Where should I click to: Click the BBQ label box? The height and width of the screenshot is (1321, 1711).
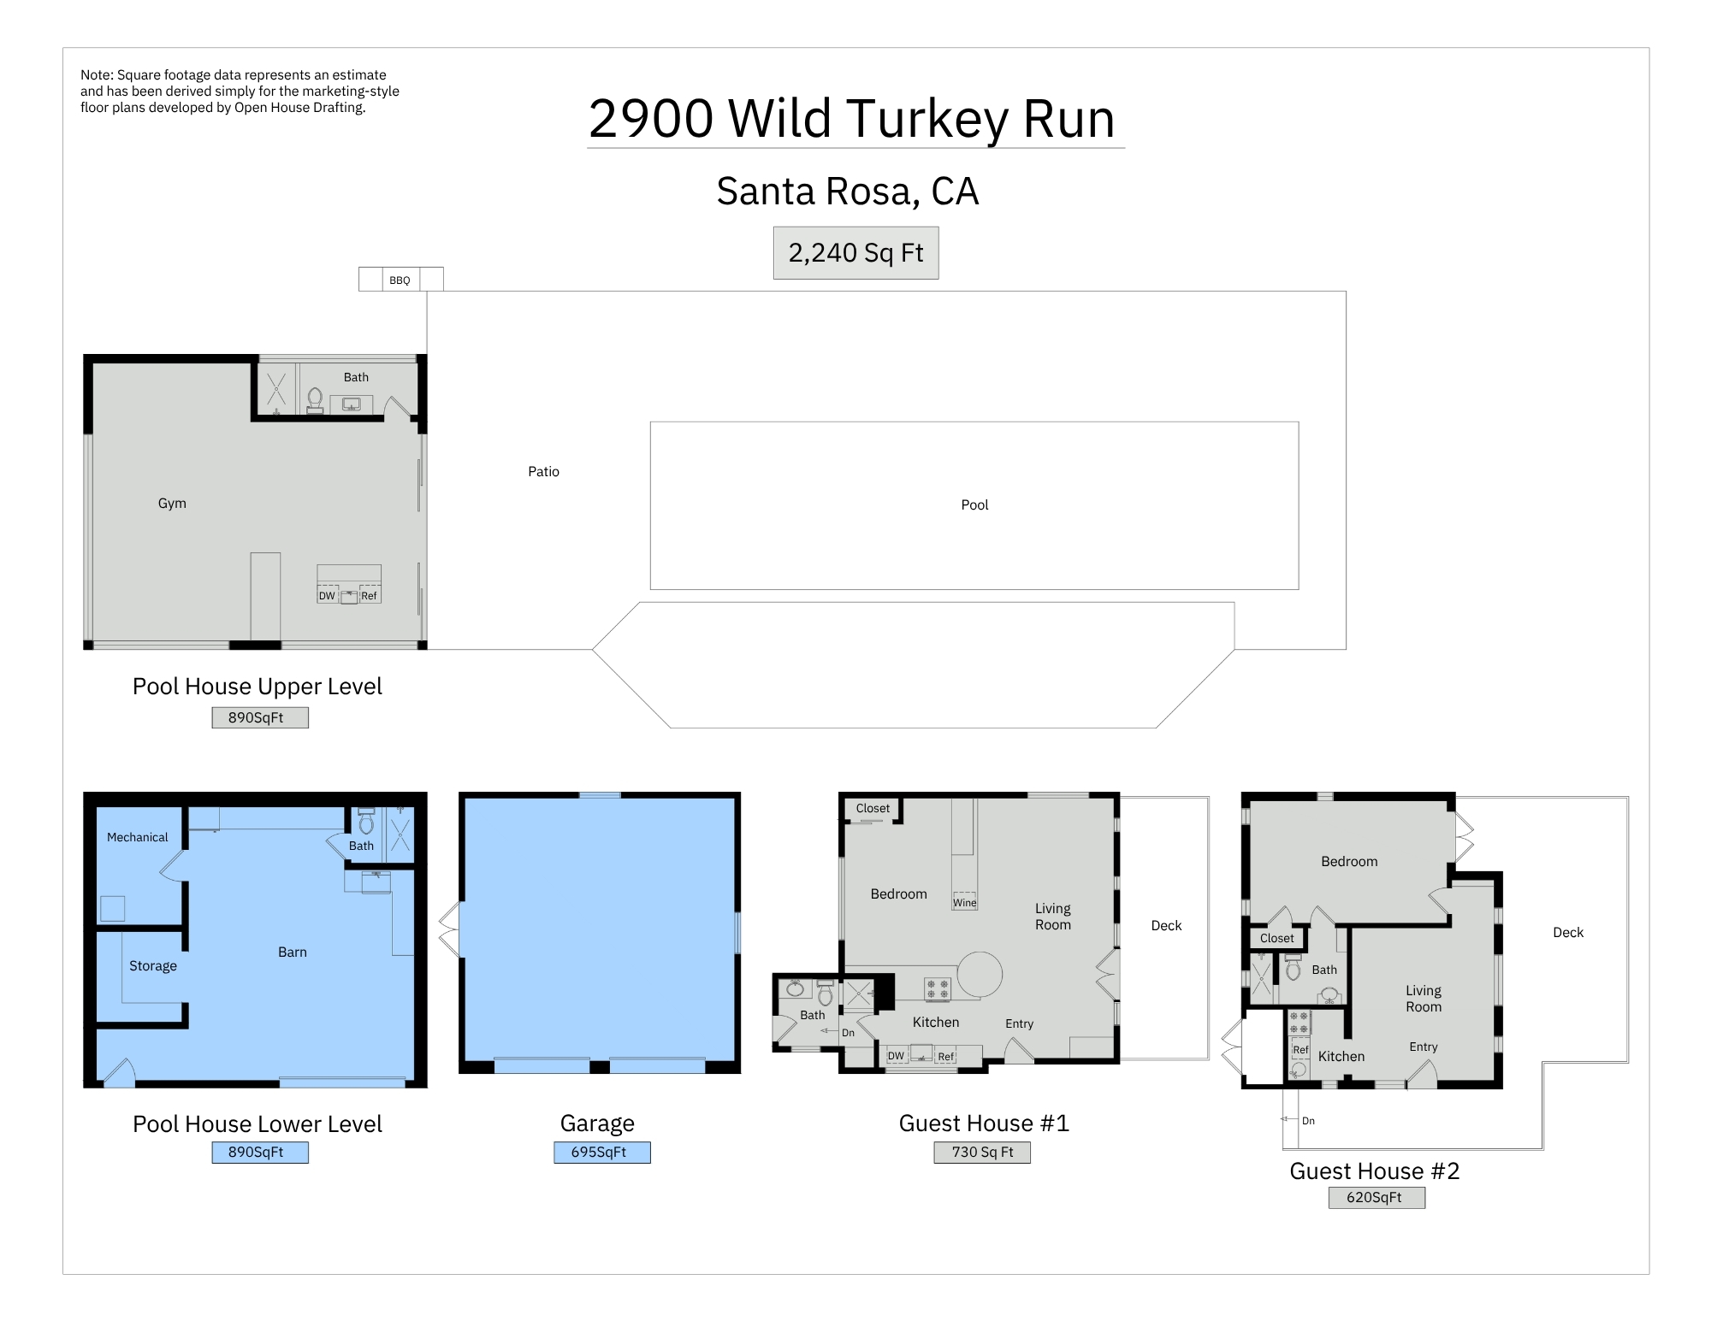tap(400, 280)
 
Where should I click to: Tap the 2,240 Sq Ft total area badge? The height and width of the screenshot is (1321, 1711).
tap(855, 253)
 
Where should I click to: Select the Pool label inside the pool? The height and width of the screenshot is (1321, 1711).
tap(974, 505)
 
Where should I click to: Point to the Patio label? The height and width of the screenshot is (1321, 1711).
tap(543, 472)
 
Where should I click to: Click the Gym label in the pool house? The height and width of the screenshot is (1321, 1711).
tap(172, 504)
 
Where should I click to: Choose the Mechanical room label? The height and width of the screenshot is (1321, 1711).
tap(137, 838)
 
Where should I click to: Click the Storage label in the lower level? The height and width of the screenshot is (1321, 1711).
tap(153, 966)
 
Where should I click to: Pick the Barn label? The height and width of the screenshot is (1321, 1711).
tap(293, 952)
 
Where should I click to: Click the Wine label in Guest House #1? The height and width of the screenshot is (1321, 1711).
tap(964, 903)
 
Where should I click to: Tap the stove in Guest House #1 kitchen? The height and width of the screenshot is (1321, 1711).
tap(938, 989)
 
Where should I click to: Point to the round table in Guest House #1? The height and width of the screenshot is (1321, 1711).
tap(980, 974)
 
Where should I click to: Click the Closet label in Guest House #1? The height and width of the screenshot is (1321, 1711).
tap(873, 809)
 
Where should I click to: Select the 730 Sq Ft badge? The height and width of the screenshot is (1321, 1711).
tap(982, 1153)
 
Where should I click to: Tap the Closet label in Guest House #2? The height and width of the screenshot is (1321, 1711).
tap(1276, 939)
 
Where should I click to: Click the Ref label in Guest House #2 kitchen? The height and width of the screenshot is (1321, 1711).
tap(1300, 1050)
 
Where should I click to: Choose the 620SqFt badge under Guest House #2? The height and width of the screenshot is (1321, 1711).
tap(1376, 1198)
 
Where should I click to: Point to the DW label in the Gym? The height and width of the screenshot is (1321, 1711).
tap(327, 596)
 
